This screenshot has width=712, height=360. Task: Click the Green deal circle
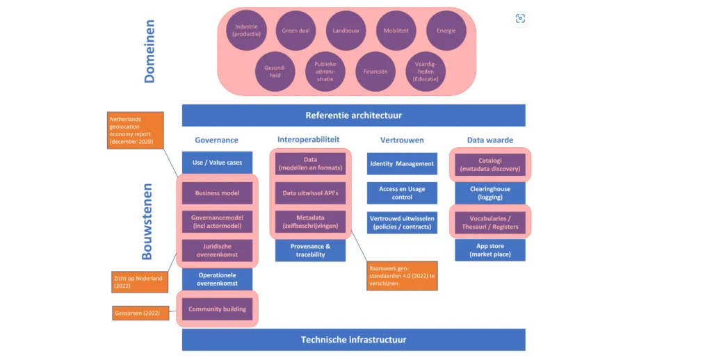pyautogui.click(x=296, y=31)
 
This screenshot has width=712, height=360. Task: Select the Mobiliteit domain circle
pyautogui.click(x=396, y=31)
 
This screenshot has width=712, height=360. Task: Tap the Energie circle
pyautogui.click(x=446, y=31)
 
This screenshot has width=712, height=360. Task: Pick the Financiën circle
pyautogui.click(x=375, y=72)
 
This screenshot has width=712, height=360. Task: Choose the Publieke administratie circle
pyautogui.click(x=325, y=72)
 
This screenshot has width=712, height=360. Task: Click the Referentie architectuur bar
pyautogui.click(x=353, y=115)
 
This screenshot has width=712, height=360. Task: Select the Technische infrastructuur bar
pyautogui.click(x=353, y=340)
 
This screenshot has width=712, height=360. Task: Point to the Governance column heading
pyautogui.click(x=216, y=140)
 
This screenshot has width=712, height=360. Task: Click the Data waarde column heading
pyautogui.click(x=489, y=140)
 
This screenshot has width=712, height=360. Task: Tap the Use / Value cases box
pyautogui.click(x=217, y=163)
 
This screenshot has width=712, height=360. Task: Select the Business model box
pyautogui.click(x=217, y=193)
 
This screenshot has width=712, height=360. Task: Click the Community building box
pyautogui.click(x=217, y=309)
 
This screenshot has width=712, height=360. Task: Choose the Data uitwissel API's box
pyautogui.click(x=310, y=193)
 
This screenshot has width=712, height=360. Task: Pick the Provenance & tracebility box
pyautogui.click(x=310, y=250)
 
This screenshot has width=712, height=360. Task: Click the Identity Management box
pyautogui.click(x=402, y=164)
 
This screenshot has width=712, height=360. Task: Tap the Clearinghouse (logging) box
pyautogui.click(x=490, y=193)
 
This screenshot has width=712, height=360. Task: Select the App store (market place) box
pyautogui.click(x=490, y=250)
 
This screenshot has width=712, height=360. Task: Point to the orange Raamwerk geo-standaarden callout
pyautogui.click(x=402, y=275)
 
